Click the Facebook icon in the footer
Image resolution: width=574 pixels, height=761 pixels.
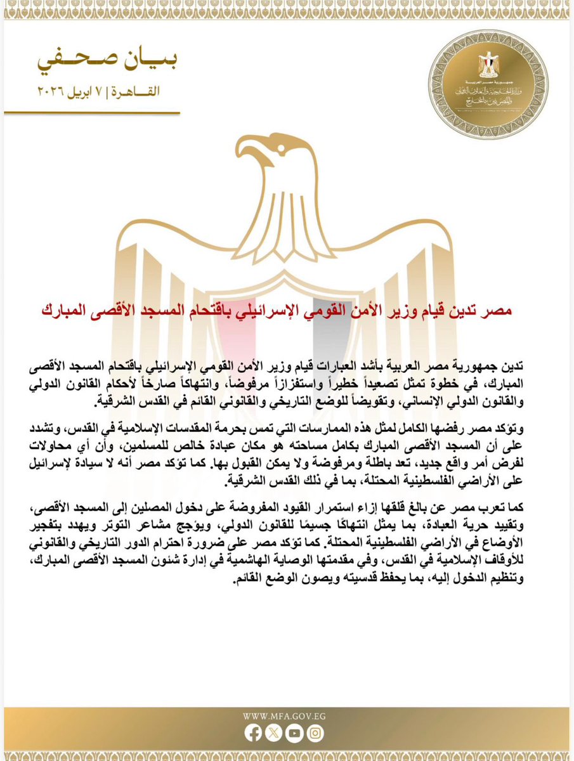pos(253,733)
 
